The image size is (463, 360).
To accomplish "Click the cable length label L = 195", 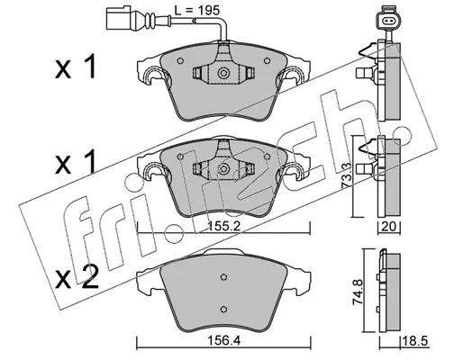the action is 197,11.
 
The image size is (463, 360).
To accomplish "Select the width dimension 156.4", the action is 224,340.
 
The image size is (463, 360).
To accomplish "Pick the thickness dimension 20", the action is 388,227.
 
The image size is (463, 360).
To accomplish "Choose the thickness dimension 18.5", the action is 415,341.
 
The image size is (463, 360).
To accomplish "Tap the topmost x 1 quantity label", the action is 76,67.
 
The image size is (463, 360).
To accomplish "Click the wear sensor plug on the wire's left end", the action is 119,18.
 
